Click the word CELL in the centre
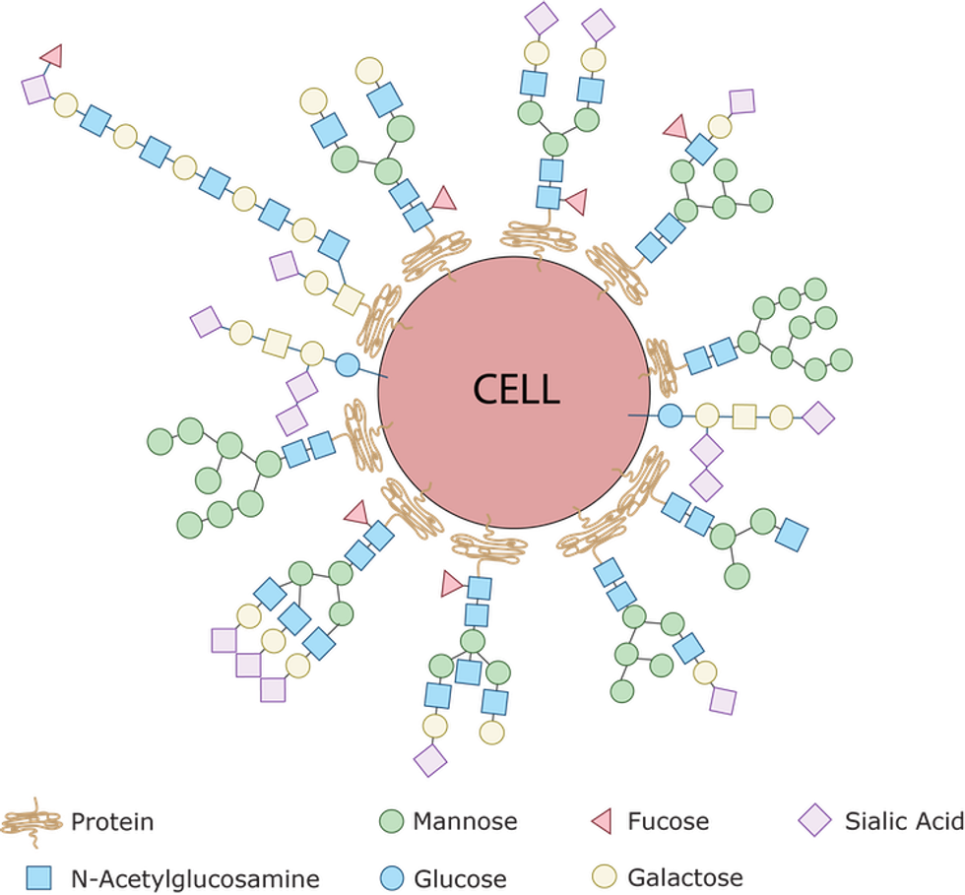click(516, 389)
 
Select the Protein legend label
click(112, 822)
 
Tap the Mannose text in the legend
click(465, 821)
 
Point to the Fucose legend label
click(668, 821)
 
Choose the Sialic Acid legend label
click(904, 821)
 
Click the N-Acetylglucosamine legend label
click(195, 878)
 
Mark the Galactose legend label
click(685, 877)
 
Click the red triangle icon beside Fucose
click(602, 821)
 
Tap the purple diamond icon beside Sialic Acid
click(815, 820)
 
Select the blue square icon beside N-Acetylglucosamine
click(38, 877)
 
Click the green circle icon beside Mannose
click(391, 821)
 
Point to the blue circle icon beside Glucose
click(391, 877)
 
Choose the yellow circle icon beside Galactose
click(604, 876)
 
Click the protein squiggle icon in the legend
click(32, 822)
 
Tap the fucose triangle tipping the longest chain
click(52, 55)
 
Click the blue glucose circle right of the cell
click(671, 416)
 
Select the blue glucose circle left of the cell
click(347, 365)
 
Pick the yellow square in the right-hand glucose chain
click(744, 416)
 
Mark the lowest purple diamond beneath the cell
click(430, 760)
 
